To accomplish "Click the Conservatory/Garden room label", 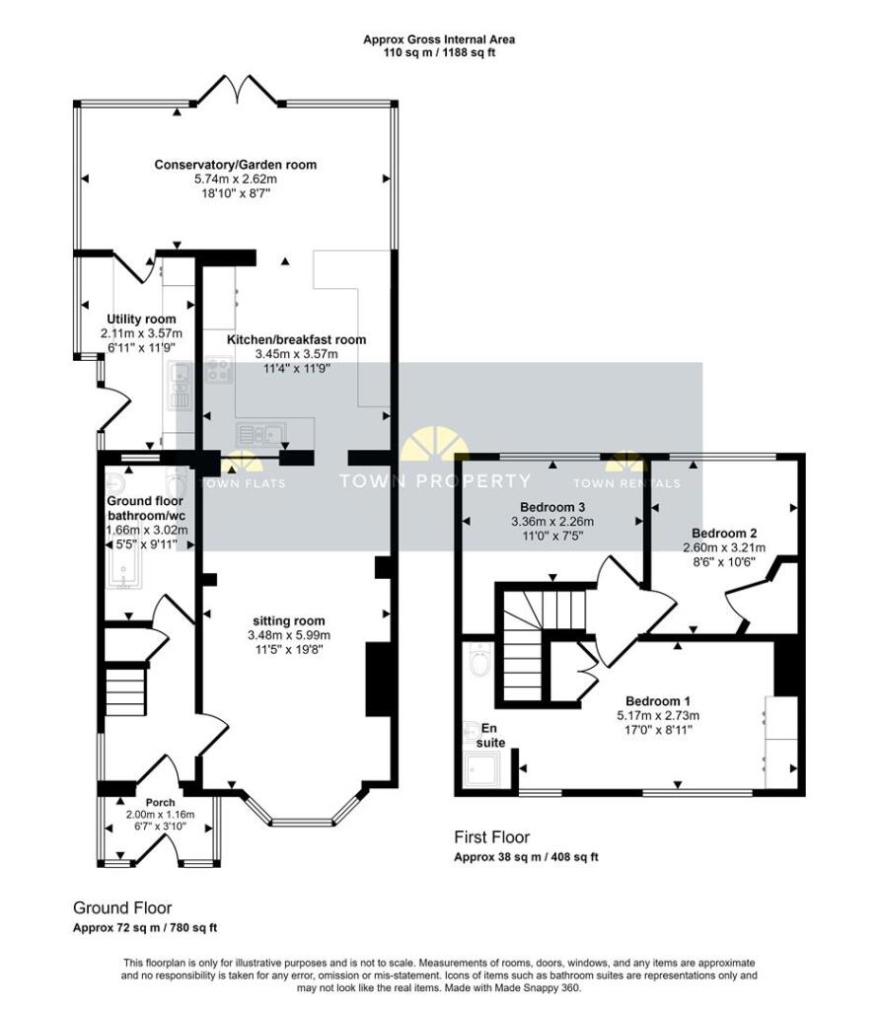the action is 235,165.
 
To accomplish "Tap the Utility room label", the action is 141,319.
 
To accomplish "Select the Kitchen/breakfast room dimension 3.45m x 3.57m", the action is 296,354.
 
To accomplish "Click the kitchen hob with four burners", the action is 219,370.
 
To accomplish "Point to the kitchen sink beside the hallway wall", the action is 260,435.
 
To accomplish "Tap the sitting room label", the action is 289,621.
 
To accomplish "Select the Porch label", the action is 161,803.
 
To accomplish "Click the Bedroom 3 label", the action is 552,507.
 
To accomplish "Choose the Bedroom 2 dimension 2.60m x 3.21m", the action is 724,547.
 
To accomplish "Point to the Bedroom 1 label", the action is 658,701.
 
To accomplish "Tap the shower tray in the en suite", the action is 482,770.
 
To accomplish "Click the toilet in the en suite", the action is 479,660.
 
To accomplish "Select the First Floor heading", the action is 492,837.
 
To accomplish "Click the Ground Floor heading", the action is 122,908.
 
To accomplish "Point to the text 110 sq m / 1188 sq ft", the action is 439,52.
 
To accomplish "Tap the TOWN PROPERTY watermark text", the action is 435,480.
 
